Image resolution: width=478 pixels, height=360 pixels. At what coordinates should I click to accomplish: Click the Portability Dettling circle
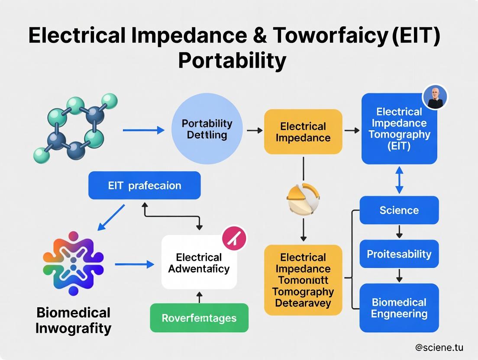[x=207, y=129]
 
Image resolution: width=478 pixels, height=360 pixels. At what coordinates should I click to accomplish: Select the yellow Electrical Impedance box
[x=303, y=132]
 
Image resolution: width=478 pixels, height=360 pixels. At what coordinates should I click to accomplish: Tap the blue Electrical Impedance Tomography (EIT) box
[x=399, y=129]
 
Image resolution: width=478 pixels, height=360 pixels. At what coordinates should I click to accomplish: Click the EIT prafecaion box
[x=144, y=186]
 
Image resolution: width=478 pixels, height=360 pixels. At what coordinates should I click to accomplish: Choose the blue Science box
[x=399, y=210]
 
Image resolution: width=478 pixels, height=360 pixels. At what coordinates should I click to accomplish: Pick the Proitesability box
[x=399, y=254]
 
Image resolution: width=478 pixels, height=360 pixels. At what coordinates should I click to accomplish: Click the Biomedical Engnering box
[x=399, y=308]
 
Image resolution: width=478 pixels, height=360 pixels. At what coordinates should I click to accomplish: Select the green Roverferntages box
[x=199, y=318]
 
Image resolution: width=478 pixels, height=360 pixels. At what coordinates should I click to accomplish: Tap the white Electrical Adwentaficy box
[x=199, y=263]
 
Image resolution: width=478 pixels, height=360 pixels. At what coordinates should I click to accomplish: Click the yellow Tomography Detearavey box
[x=303, y=280]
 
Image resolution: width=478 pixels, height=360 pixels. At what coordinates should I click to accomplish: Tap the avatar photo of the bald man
[x=434, y=97]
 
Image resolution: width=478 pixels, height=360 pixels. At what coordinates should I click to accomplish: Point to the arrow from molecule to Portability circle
[x=143, y=129]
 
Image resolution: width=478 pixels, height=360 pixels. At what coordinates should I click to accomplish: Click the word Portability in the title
[x=232, y=61]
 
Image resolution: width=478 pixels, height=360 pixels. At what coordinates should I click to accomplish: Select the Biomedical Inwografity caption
[x=73, y=320]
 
